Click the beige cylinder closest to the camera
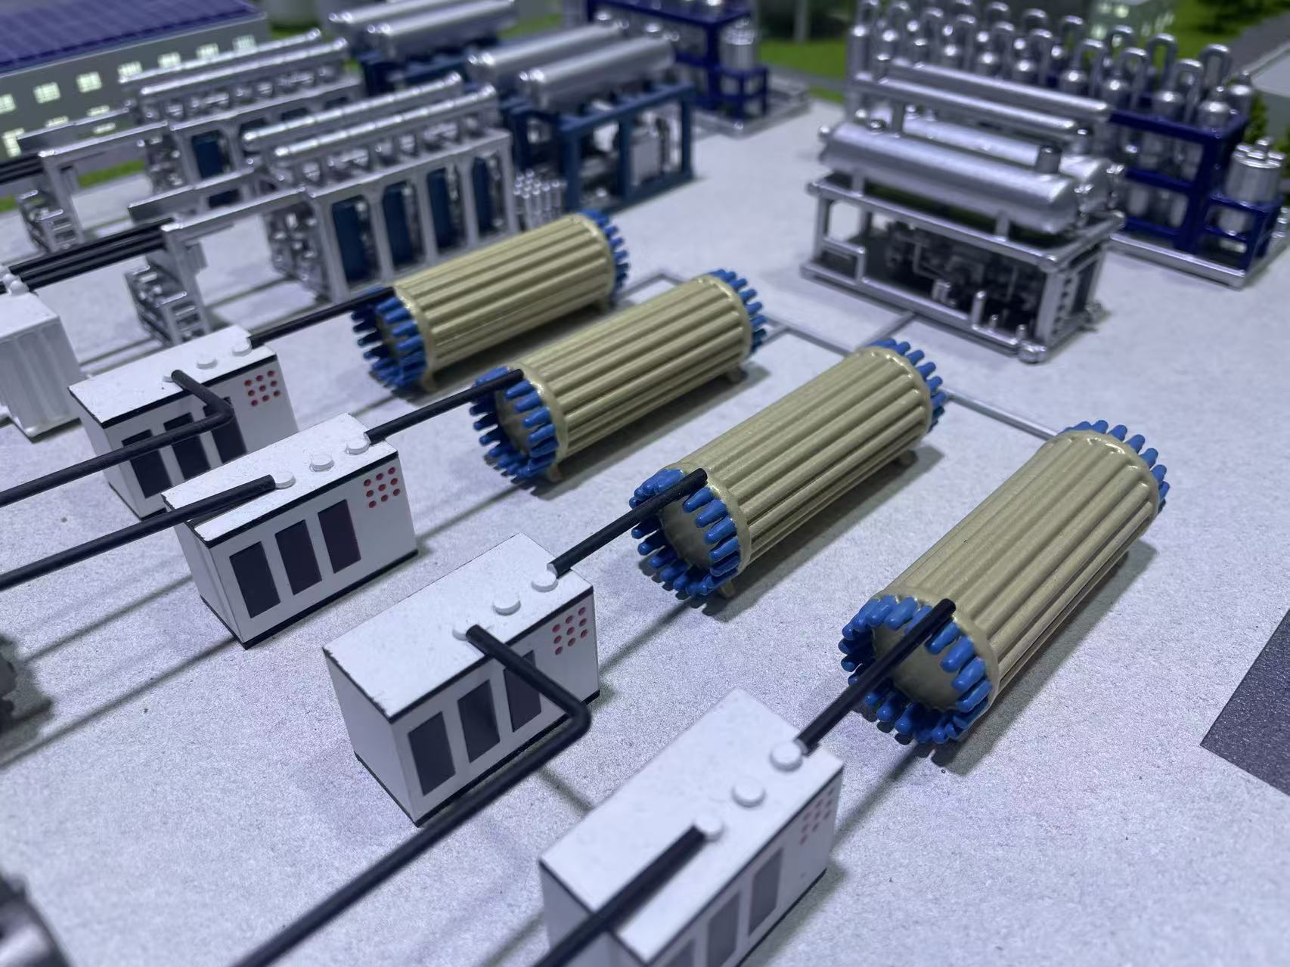pyautogui.click(x=1013, y=575)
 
